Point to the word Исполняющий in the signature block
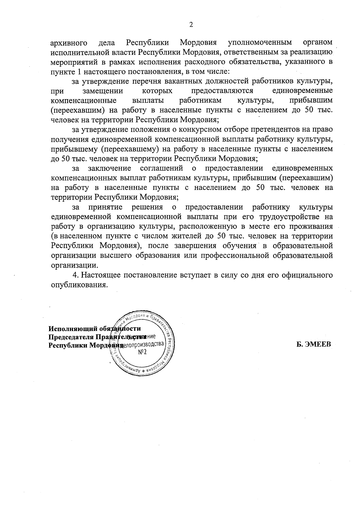pos(74,328)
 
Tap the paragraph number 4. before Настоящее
pos(76,275)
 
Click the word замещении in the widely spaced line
pos(102,90)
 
